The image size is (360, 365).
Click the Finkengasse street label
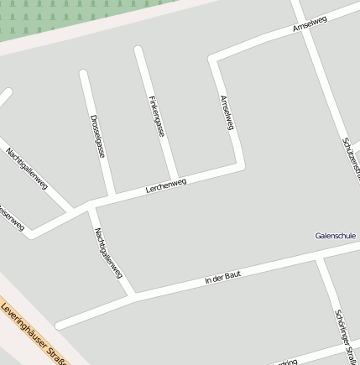pyautogui.click(x=156, y=116)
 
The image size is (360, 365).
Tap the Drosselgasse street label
pyautogui.click(x=97, y=136)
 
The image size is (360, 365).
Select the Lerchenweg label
pyautogui.click(x=165, y=185)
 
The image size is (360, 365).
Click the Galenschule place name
pyautogui.click(x=336, y=236)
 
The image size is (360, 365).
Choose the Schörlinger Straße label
pyautogui.click(x=345, y=336)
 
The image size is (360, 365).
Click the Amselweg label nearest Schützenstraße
pyautogui.click(x=310, y=24)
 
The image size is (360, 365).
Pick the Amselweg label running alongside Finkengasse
pyautogui.click(x=227, y=112)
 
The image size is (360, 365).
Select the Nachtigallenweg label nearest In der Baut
pyautogui.click(x=108, y=253)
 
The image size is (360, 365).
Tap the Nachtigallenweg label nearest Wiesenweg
pyautogui.click(x=26, y=168)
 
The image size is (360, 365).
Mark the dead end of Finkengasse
pyautogui.click(x=138, y=50)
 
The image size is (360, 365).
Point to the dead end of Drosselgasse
pyautogui.click(x=83, y=74)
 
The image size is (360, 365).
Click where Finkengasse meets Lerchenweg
pyautogui.click(x=175, y=180)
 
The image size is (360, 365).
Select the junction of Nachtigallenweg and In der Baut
pyautogui.click(x=133, y=295)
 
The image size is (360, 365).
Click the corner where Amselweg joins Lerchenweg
pyautogui.click(x=241, y=164)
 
